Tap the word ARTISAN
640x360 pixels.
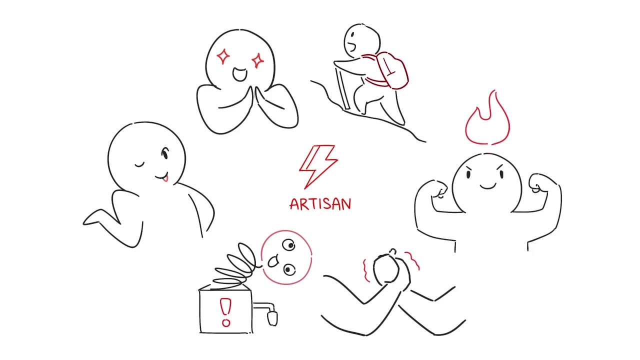pos(320,204)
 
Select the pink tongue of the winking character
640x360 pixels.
pos(164,177)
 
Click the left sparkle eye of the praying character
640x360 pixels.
pos(223,56)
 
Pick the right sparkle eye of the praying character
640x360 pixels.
pos(258,61)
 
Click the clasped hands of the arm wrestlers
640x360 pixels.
pos(387,270)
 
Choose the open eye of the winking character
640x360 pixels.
pos(164,154)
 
